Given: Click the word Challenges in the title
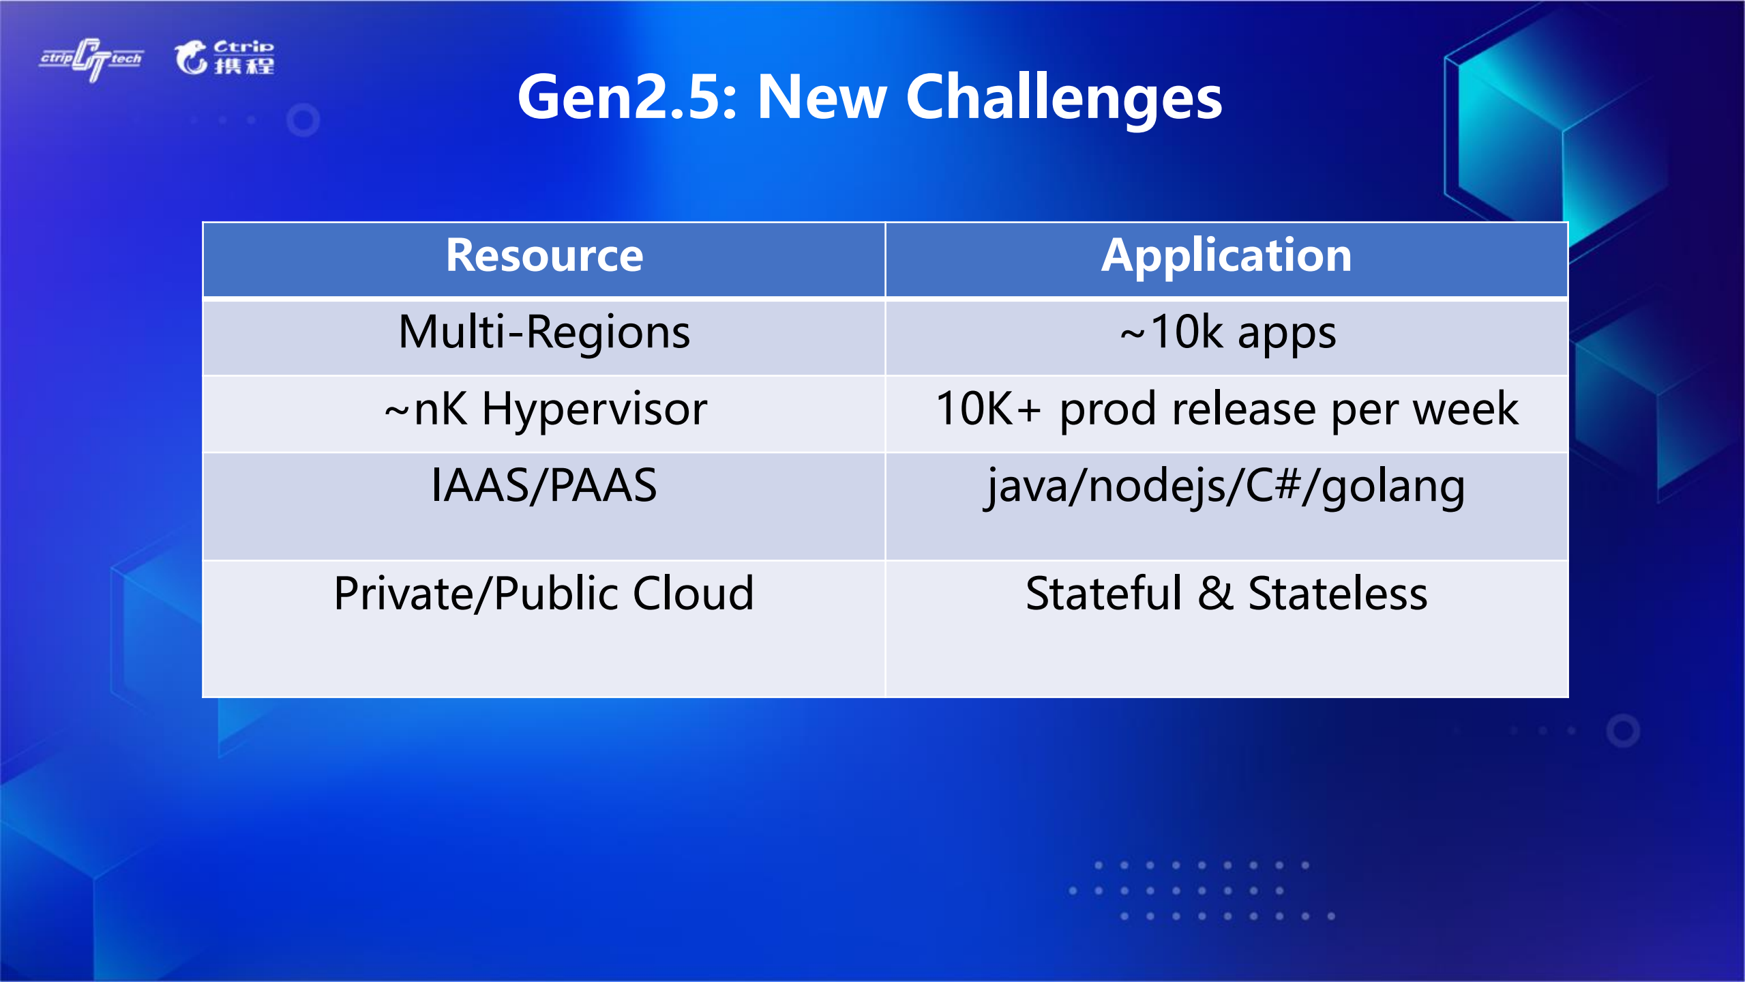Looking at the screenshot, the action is (1064, 99).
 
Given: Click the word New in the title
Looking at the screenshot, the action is (822, 98).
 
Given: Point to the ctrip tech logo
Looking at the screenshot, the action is (91, 59).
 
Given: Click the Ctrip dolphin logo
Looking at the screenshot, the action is (224, 57).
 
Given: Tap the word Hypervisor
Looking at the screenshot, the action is (595, 411).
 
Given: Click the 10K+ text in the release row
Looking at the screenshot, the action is (988, 409).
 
